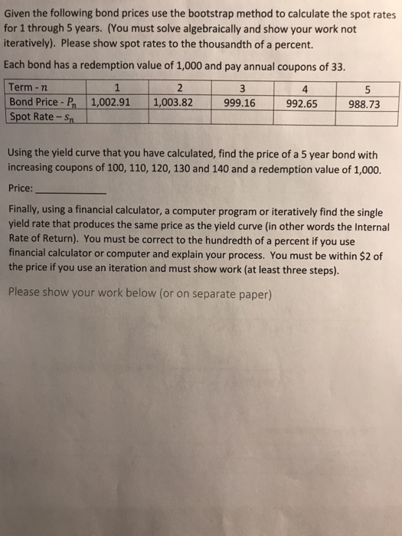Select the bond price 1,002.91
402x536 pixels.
tap(112, 101)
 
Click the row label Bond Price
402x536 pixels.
tap(38, 101)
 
